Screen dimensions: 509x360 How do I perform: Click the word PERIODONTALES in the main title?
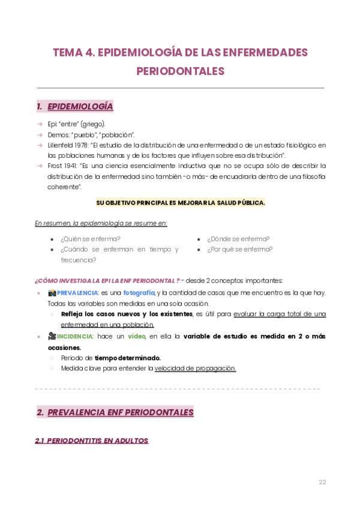180,71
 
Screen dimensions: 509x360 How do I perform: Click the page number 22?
322,482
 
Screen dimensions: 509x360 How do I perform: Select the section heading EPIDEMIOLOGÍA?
80,107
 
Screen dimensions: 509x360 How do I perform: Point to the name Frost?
56,165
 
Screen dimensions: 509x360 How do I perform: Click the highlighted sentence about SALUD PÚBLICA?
180,202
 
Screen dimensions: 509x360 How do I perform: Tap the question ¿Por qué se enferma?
240,249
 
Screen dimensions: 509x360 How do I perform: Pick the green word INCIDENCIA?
76,337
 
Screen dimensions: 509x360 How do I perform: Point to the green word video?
137,337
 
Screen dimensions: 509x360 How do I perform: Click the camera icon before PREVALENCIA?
52,293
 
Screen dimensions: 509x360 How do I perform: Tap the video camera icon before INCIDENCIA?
52,337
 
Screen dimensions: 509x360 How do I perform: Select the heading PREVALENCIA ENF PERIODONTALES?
120,412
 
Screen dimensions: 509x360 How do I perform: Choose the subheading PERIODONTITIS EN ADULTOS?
91,441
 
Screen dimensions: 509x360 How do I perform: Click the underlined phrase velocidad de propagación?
195,369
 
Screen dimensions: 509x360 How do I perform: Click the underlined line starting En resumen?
101,223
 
